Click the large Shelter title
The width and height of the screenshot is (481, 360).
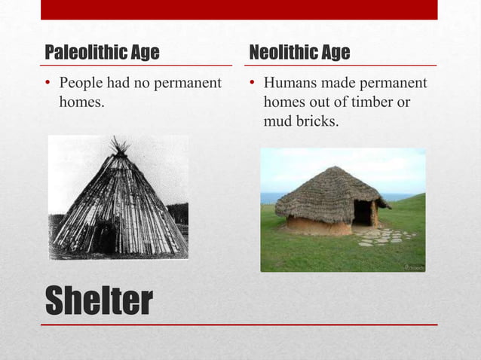[99, 301]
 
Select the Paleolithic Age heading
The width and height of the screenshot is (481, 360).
[102, 53]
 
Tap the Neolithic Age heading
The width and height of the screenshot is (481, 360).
[299, 53]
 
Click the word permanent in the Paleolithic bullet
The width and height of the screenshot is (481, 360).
[188, 82]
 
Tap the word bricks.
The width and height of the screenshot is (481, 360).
[314, 120]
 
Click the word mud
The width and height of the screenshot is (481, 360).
[277, 120]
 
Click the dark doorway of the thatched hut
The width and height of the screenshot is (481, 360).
[362, 213]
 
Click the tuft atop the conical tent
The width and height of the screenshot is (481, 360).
[119, 145]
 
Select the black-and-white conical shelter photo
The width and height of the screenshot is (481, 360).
[118, 197]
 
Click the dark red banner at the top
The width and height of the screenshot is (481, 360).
[239, 10]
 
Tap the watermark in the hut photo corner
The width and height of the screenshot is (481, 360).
[414, 267]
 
